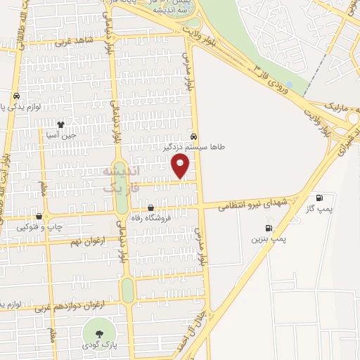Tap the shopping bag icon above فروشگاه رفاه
150,207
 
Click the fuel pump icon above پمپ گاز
321,198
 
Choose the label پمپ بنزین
270,240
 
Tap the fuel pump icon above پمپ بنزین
268,228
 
